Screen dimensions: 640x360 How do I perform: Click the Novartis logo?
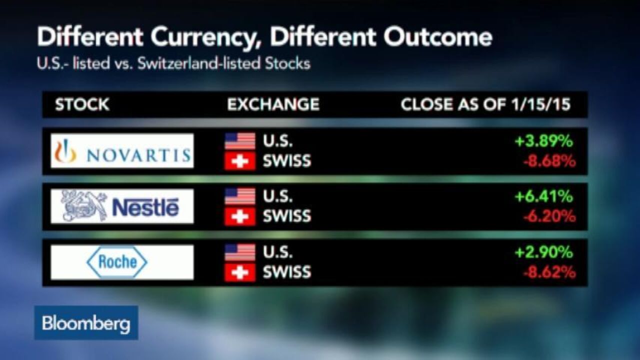point(122,150)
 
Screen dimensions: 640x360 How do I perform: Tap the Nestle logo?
point(122,206)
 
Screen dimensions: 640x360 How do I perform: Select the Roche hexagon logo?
point(117,262)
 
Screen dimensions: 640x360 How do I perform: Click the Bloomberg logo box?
point(86,323)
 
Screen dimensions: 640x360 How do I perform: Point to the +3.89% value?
point(543,141)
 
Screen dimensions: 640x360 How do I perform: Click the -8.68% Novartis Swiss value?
point(549,161)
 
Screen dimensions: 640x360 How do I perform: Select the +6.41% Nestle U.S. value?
point(543,196)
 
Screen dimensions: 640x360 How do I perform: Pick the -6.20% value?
point(549,216)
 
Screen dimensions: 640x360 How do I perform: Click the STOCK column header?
point(82,104)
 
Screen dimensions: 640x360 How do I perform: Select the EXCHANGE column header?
point(273,104)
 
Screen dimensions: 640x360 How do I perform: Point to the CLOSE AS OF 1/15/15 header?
point(485,104)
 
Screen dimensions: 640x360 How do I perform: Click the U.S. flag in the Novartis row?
point(240,141)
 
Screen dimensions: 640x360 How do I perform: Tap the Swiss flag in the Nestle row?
point(240,216)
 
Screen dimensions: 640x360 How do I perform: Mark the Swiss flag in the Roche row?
point(240,272)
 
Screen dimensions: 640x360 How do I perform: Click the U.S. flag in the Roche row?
point(240,252)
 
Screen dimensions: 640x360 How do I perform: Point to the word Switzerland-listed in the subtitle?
point(199,63)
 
